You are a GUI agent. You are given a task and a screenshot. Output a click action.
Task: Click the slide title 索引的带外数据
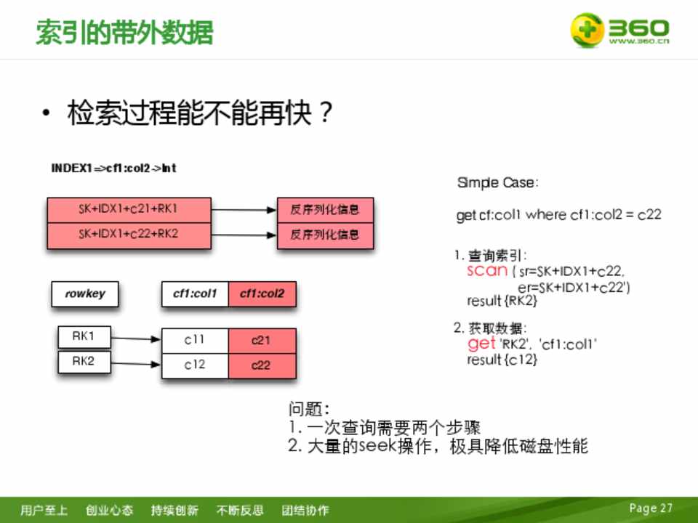[124, 32]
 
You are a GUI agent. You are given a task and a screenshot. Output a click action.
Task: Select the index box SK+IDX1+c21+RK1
[129, 210]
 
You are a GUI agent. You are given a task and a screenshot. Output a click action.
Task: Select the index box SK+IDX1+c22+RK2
[129, 235]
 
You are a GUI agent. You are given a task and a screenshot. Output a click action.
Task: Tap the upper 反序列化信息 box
[325, 210]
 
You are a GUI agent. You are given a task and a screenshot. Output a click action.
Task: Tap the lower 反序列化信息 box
[325, 235]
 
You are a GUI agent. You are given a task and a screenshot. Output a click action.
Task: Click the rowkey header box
[85, 294]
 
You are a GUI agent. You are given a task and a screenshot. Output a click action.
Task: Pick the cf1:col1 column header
[195, 294]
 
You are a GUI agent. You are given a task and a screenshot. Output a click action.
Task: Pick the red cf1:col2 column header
[262, 294]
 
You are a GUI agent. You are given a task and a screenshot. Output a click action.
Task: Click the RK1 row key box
[84, 336]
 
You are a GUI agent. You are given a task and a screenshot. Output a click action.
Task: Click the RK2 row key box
[84, 362]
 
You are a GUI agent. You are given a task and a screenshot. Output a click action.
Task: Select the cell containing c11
[195, 341]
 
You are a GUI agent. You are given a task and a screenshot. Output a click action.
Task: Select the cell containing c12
[195, 366]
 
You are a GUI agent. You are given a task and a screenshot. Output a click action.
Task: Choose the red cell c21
[262, 341]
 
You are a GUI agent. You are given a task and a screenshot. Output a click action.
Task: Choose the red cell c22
[262, 366]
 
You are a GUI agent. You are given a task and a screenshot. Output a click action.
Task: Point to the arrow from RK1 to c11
[136, 339]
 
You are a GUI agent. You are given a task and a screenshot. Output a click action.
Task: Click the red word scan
[487, 270]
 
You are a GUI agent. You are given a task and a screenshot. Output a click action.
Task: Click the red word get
[481, 344]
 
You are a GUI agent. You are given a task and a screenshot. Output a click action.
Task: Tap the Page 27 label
[650, 508]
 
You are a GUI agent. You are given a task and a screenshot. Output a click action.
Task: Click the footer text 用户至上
[44, 510]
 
